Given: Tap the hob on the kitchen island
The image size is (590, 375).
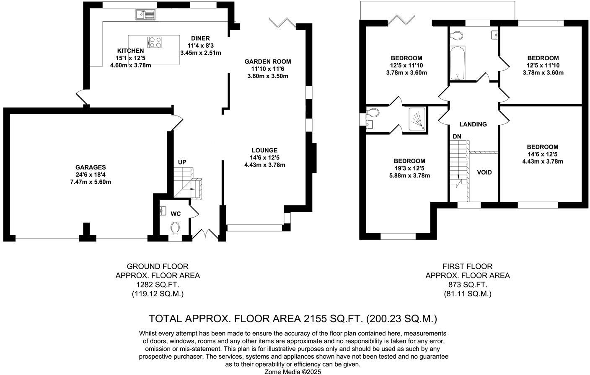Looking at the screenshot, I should point(155,42).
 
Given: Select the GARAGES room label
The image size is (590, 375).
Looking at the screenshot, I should point(91,167).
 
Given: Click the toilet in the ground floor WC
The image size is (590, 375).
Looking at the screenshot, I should point(175,228).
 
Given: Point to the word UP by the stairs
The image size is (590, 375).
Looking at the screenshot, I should point(182,162).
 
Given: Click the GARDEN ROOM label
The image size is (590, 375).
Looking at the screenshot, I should point(267,62).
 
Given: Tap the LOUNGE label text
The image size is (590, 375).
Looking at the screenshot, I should point(264,150).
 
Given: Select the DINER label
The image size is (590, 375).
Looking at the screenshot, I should point(200,38).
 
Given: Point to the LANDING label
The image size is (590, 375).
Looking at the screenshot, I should point(473,124).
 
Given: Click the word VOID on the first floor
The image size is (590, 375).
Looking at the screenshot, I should point(484,172).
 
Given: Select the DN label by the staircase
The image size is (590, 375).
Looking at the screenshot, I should point(456,136).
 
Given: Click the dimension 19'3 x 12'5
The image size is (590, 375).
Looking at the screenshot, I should point(409,168).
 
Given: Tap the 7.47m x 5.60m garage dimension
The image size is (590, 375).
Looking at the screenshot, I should point(91,182).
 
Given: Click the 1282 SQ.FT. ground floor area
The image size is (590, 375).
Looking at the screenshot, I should point(158,285).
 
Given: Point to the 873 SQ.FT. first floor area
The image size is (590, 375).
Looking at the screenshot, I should point(468,285).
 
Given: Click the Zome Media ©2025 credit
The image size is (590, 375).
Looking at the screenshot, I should point(292,371).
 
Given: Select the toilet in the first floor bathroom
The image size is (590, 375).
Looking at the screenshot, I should point(457,34).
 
